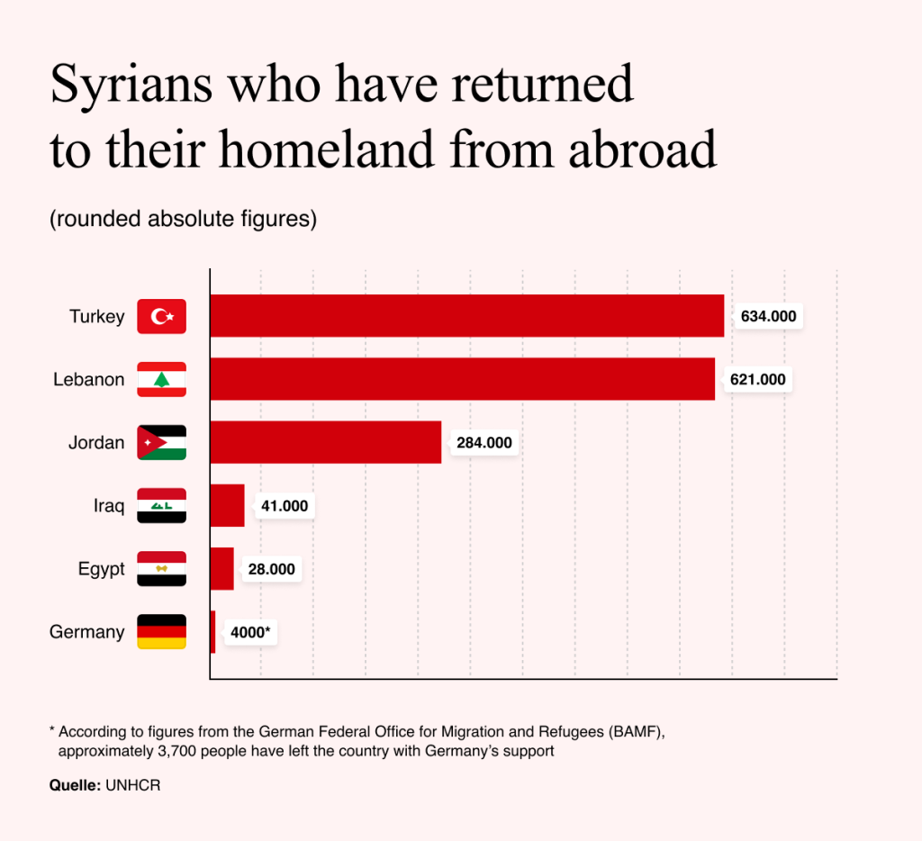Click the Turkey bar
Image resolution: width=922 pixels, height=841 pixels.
(x=467, y=316)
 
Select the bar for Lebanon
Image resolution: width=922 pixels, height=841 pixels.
(x=463, y=379)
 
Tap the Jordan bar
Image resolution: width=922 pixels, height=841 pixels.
(x=326, y=442)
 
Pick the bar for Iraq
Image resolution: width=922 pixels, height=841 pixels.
(x=228, y=505)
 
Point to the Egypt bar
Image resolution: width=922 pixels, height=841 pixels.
(x=222, y=569)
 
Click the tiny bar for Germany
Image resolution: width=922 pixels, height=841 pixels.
(x=212, y=631)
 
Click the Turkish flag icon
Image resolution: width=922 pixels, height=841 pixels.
(x=162, y=316)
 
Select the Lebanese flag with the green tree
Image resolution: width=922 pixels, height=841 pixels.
(x=162, y=379)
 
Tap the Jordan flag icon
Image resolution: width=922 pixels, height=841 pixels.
(x=162, y=442)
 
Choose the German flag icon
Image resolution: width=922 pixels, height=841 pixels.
(x=162, y=631)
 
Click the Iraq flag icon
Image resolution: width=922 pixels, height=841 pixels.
(x=162, y=506)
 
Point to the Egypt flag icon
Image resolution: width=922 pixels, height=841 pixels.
(x=162, y=569)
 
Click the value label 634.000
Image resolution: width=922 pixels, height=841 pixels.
(x=768, y=316)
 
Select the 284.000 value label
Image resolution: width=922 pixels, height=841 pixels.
(x=484, y=443)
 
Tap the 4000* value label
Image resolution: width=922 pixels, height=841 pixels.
(x=250, y=632)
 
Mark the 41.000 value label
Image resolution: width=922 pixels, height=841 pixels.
(x=284, y=506)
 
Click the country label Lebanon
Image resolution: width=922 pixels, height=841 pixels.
(x=89, y=379)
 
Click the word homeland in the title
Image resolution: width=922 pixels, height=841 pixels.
(x=328, y=149)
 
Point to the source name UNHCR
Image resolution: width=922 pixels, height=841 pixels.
(x=133, y=785)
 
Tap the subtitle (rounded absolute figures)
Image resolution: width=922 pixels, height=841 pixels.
(x=183, y=219)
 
